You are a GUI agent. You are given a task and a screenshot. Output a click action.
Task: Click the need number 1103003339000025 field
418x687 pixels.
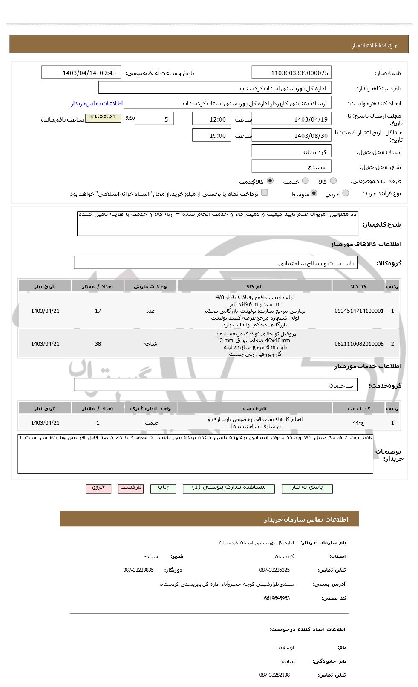291,73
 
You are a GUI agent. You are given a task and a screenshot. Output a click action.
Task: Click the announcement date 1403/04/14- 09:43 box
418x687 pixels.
81,73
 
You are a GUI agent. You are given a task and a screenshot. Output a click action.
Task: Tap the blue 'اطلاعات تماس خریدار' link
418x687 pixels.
97,104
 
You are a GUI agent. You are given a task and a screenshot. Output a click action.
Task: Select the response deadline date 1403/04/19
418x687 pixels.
291,119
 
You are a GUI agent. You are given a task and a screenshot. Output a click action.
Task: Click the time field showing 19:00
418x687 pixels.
211,136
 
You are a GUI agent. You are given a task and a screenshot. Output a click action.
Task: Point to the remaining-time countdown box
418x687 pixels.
103,116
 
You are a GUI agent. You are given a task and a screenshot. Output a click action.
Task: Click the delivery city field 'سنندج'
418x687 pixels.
291,166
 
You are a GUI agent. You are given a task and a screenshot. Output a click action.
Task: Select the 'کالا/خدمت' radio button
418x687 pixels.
270,181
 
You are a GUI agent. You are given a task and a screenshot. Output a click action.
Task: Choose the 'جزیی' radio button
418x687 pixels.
346,193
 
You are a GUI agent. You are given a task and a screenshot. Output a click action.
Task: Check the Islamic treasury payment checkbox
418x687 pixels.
265,193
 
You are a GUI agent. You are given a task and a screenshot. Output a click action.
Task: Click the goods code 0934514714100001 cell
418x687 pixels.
359,311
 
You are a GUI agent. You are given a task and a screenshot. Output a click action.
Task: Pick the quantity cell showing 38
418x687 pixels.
98,344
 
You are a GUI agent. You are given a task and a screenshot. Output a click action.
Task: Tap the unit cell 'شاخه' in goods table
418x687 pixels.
150,344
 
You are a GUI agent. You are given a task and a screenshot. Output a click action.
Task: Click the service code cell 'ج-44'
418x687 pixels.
359,423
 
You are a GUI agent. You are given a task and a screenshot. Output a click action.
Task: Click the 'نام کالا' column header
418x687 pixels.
254,286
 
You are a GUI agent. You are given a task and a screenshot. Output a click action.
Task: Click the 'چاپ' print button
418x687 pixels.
163,488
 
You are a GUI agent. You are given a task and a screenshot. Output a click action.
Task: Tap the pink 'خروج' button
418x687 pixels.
98,488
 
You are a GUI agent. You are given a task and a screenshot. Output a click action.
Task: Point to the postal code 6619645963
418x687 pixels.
277,598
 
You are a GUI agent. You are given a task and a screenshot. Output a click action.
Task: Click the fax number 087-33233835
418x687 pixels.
138,570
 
